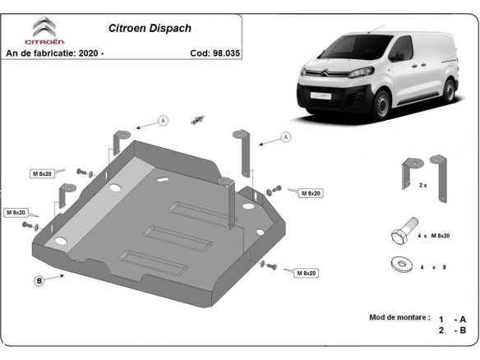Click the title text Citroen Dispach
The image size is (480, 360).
tap(150, 27)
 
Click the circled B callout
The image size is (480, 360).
tap(38, 281)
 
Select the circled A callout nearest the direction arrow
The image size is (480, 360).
tap(163, 121)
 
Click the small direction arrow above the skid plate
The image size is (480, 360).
tap(197, 119)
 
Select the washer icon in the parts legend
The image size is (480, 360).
tap(402, 265)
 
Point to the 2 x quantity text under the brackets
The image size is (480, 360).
tap(423, 186)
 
